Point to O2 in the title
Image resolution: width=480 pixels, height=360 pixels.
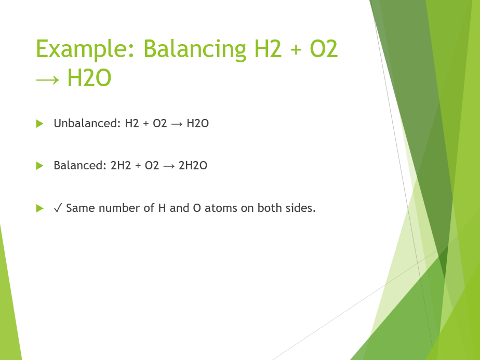[x=324, y=49]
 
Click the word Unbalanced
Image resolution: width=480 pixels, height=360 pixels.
[x=87, y=124]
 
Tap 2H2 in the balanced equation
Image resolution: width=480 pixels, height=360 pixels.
[x=121, y=166]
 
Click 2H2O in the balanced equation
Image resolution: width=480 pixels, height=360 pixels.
[x=193, y=166]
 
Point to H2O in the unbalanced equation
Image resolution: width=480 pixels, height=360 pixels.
[x=197, y=124]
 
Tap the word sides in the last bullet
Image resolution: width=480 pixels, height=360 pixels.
[x=300, y=208]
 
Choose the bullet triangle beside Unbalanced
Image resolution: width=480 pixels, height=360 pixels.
[x=39, y=124]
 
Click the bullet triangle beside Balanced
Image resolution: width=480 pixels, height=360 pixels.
[x=39, y=166]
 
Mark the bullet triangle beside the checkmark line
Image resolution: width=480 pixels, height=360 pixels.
[x=39, y=208]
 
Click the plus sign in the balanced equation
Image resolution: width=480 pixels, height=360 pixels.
[x=138, y=166]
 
